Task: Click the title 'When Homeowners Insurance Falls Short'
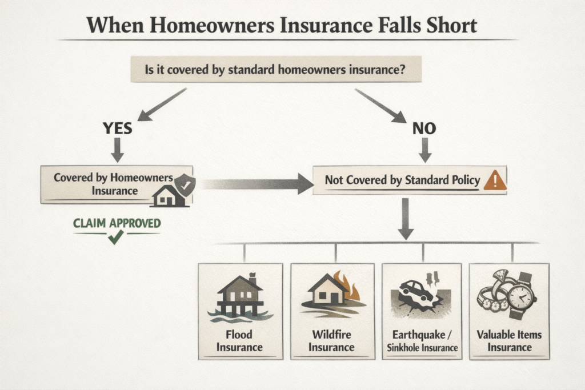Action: coord(281,26)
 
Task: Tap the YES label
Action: coord(117,128)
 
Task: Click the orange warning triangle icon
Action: coord(494,181)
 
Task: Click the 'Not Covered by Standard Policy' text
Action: coord(402,180)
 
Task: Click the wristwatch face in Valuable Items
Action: coord(520,297)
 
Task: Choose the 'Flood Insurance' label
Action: coord(239,341)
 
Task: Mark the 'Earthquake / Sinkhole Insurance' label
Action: coord(423,341)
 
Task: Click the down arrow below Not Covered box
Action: coord(405,219)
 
